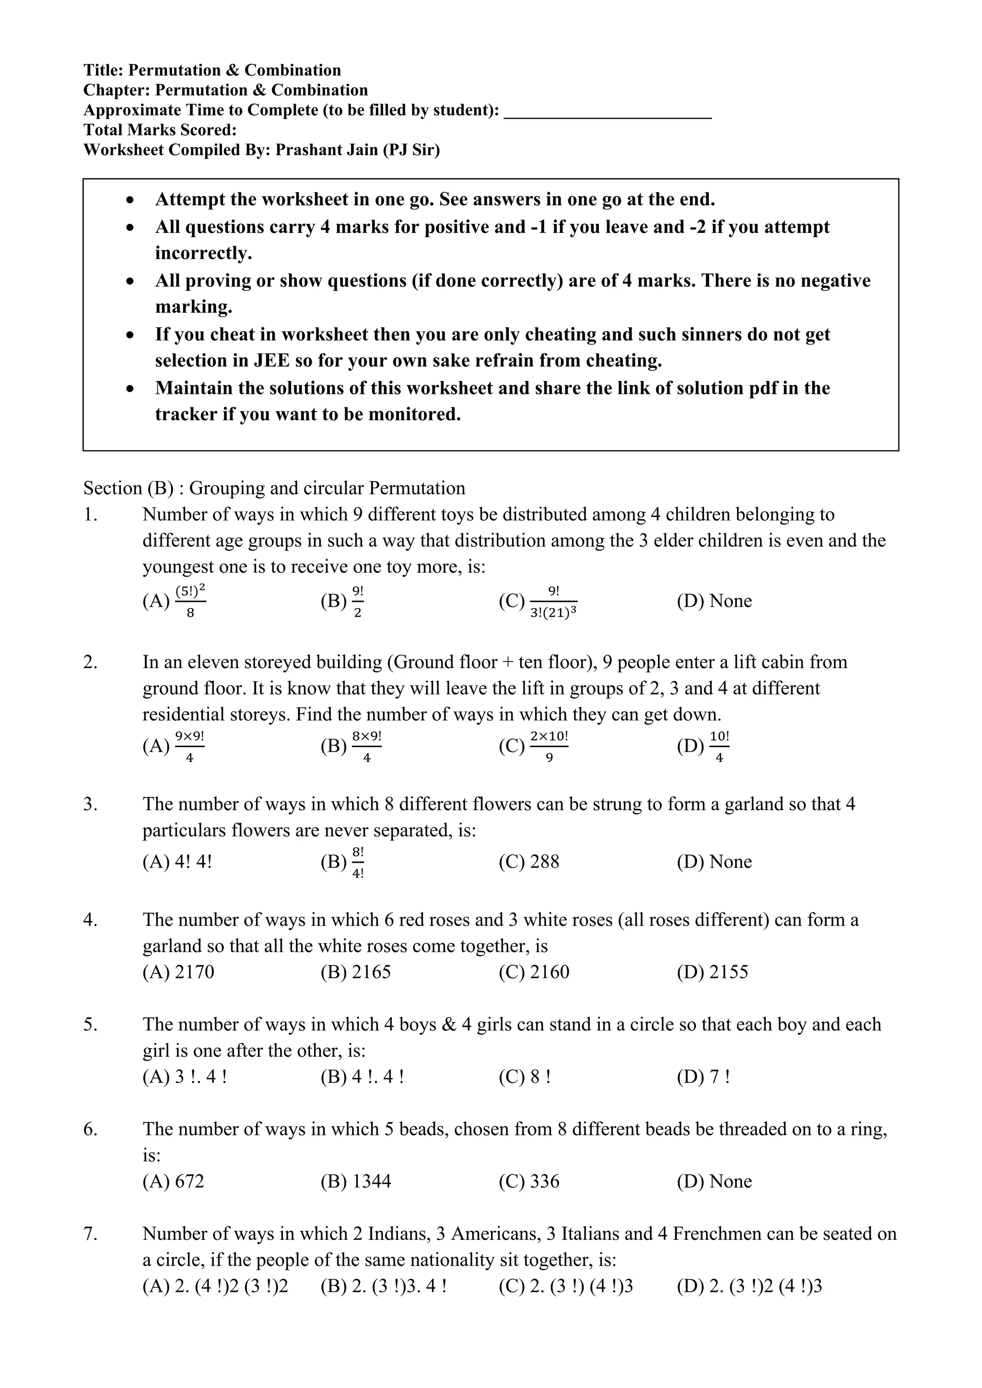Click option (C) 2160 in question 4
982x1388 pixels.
534,972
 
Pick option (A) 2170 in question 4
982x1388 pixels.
178,972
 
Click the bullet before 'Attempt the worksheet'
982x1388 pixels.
129,199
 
